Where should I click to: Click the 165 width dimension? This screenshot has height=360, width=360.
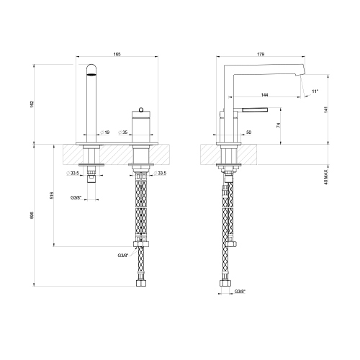point(117,54)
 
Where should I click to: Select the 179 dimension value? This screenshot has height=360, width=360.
point(261,54)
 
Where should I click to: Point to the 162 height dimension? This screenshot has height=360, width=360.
point(32,104)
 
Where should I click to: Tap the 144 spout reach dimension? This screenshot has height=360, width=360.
point(264,95)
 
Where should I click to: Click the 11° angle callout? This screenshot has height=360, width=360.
point(315,91)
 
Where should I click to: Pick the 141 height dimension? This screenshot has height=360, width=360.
point(325,109)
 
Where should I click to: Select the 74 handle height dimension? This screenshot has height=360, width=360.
point(278,125)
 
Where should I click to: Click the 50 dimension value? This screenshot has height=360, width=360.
point(248,132)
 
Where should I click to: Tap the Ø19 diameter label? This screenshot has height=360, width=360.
point(105,132)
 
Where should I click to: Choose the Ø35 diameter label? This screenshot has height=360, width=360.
point(123,132)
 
